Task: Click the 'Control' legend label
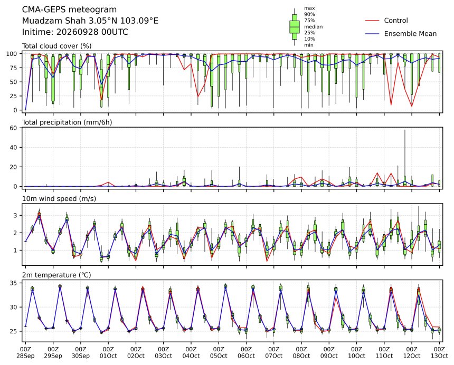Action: [x=396, y=21]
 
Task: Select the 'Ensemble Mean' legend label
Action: [x=410, y=34]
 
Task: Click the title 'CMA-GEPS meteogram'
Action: [x=70, y=10]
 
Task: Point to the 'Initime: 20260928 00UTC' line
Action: [x=75, y=32]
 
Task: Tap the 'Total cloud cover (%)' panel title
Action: [x=57, y=46]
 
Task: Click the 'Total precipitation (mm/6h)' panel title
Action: [x=67, y=122]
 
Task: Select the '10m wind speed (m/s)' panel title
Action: [x=59, y=199]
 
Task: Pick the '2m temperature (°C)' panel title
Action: [x=56, y=275]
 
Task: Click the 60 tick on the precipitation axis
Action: [x=14, y=128]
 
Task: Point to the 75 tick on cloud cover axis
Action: [x=14, y=68]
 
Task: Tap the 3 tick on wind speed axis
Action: [x=16, y=216]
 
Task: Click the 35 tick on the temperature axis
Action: [x=14, y=283]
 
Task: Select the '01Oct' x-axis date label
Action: [x=108, y=356]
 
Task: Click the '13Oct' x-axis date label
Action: [x=439, y=356]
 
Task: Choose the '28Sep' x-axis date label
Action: [x=25, y=356]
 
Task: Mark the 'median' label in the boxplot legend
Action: [x=313, y=27]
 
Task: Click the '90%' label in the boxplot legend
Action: [x=309, y=14]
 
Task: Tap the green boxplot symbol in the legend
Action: [x=295, y=27]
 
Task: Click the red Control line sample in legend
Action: [x=372, y=21]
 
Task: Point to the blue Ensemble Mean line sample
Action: [x=372, y=34]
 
